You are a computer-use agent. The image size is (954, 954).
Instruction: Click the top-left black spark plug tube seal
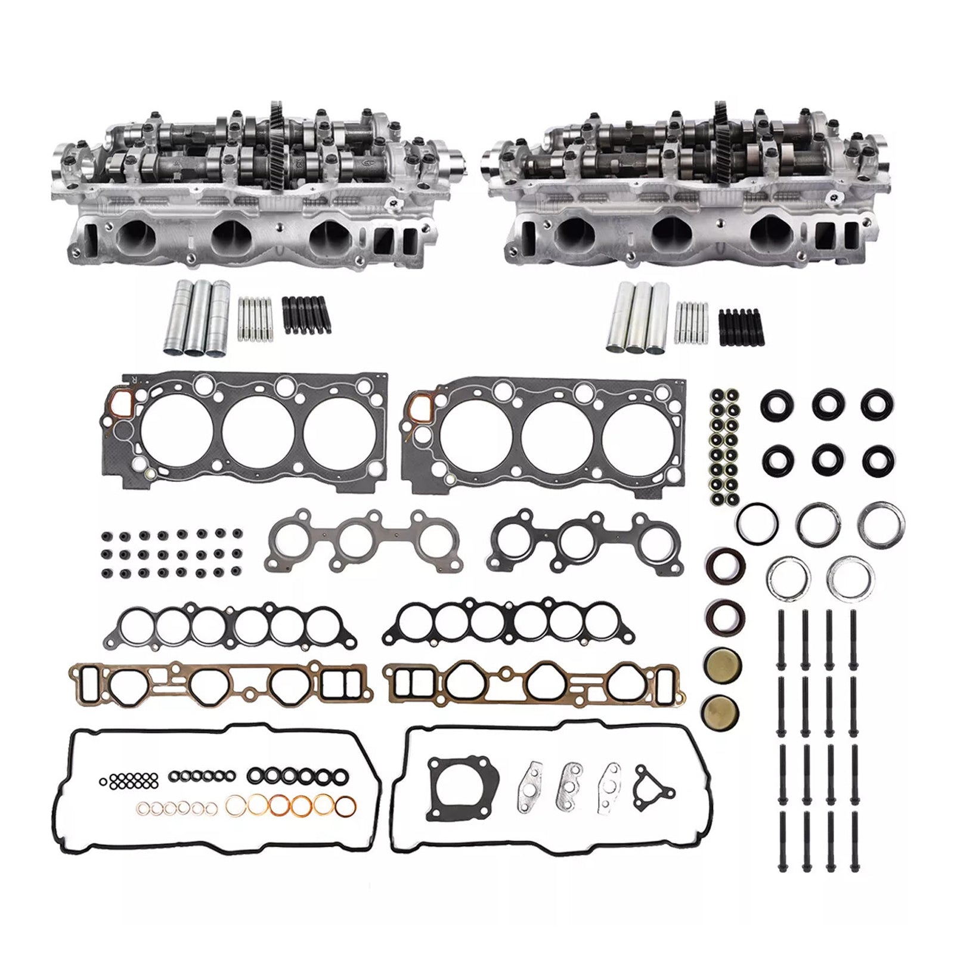(x=773, y=407)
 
